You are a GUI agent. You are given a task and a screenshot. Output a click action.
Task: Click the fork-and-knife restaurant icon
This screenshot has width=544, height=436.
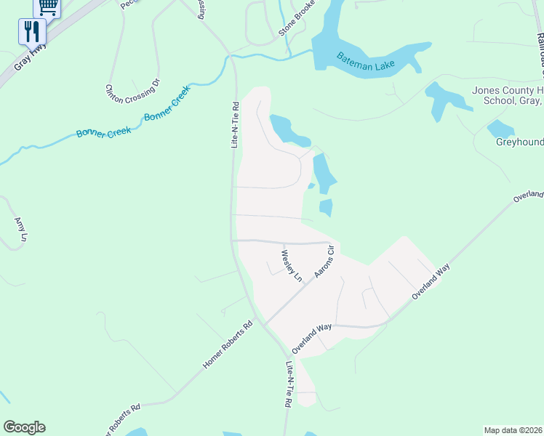[32, 31]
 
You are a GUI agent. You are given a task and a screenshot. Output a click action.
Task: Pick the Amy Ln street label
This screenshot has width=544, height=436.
[20, 229]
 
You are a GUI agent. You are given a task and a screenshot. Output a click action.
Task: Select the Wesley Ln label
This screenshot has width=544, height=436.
[291, 266]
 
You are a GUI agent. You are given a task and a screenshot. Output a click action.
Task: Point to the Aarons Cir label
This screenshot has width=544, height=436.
[324, 262]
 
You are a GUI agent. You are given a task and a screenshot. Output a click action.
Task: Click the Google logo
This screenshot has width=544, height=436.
[24, 427]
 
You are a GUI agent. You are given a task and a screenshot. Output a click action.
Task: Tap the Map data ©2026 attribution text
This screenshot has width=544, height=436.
[512, 429]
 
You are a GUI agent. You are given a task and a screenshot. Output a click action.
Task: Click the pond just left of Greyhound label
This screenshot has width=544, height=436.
[500, 129]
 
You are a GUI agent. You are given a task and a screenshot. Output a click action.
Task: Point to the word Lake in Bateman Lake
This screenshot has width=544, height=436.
[380, 65]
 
